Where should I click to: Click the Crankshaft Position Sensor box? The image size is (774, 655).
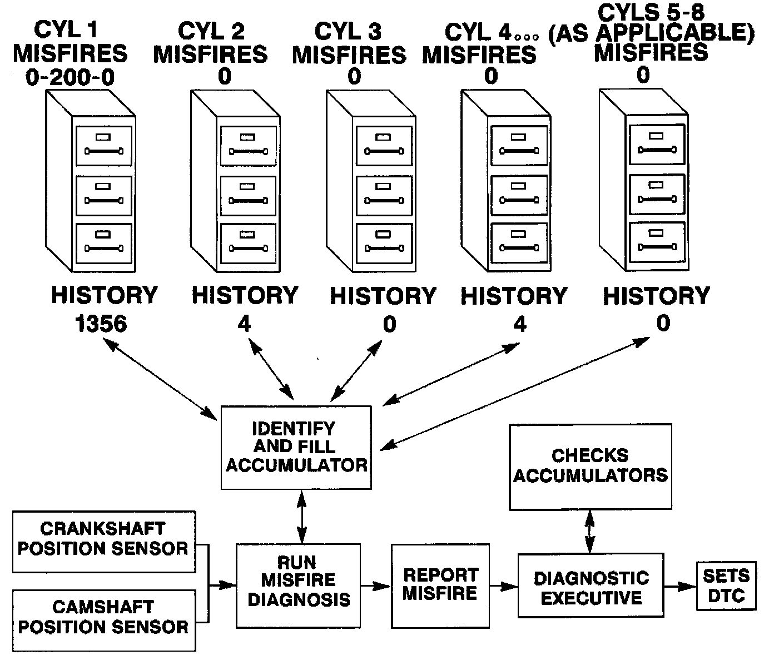tap(104, 542)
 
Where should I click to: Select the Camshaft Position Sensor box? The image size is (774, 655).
tap(104, 620)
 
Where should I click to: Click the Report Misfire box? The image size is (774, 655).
tap(440, 585)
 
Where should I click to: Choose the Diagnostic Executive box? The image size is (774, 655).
tap(591, 585)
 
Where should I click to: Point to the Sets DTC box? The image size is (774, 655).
tap(726, 585)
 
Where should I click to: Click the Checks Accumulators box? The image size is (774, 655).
tap(591, 467)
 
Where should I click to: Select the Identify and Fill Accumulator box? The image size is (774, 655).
tap(296, 448)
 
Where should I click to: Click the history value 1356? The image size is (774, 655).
tap(101, 323)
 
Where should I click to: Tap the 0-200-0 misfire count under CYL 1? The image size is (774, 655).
tap(70, 77)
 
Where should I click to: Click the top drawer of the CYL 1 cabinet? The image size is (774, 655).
tap(104, 146)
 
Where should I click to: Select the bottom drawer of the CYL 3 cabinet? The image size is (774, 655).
tap(384, 243)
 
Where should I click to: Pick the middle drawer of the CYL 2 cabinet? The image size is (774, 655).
tap(248, 196)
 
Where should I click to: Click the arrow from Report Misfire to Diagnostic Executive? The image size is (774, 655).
tap(504, 585)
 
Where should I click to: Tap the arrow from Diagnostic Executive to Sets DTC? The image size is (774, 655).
tap(680, 585)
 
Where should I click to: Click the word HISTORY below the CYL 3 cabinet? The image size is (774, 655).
tap(383, 296)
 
